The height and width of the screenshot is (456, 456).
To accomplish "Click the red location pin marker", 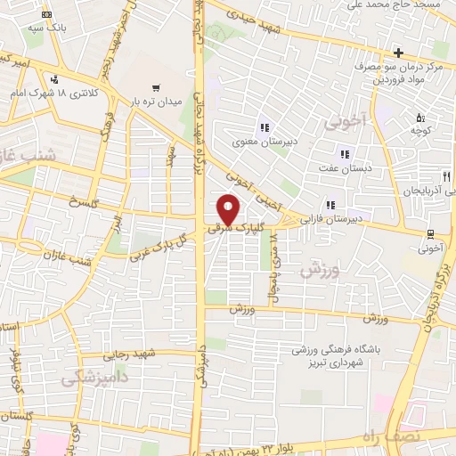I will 229,209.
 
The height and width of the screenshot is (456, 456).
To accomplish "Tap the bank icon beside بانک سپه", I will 46,15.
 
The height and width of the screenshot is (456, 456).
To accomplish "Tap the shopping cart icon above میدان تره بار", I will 157,86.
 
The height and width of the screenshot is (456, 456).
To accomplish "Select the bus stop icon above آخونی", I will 431,234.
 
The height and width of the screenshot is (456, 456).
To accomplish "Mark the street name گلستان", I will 17,416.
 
